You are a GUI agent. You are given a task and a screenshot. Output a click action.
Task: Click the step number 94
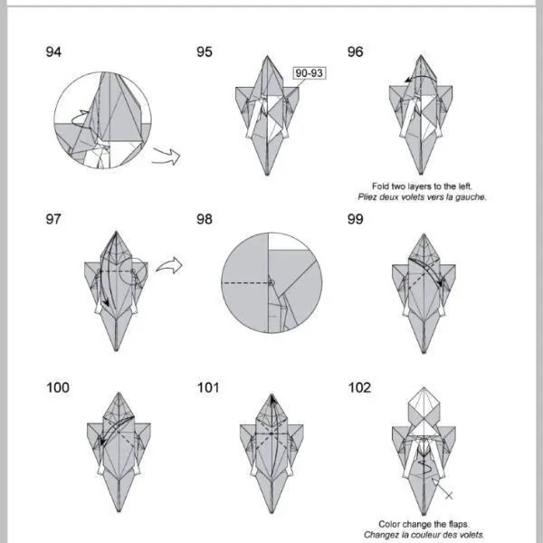pyautogui.click(x=53, y=52)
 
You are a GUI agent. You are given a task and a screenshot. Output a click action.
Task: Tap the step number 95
pyautogui.click(x=205, y=52)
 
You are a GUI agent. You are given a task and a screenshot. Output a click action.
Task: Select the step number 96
pyautogui.click(x=356, y=52)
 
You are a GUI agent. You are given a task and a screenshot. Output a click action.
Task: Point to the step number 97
pyautogui.click(x=53, y=219)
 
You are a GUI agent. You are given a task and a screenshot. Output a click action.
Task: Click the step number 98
pyautogui.click(x=205, y=219)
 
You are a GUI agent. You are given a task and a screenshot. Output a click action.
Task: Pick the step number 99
pyautogui.click(x=356, y=219)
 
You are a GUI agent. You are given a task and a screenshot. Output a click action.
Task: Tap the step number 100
pyautogui.click(x=58, y=387)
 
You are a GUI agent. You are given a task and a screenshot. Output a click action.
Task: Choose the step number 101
pyautogui.click(x=208, y=387)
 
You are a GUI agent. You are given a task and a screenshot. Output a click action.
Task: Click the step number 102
pyautogui.click(x=359, y=387)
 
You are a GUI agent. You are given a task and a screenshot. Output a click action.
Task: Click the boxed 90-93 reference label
pyautogui.click(x=310, y=73)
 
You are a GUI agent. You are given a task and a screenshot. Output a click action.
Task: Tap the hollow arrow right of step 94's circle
pyautogui.click(x=167, y=156)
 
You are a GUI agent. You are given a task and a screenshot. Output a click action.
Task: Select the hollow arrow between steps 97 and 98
pyautogui.click(x=169, y=265)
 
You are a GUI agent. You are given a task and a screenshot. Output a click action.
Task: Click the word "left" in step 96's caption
pyautogui.click(x=464, y=186)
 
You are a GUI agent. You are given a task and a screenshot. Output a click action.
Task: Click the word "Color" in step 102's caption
pyautogui.click(x=389, y=524)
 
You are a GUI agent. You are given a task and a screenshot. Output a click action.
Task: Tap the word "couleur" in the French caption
pyautogui.click(x=436, y=535)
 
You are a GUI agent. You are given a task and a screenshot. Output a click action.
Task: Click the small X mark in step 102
pyautogui.click(x=449, y=496)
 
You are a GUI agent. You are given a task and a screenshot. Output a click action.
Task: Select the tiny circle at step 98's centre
pyautogui.click(x=271, y=283)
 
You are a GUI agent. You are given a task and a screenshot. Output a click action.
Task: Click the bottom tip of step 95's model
pyautogui.click(x=267, y=174)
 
